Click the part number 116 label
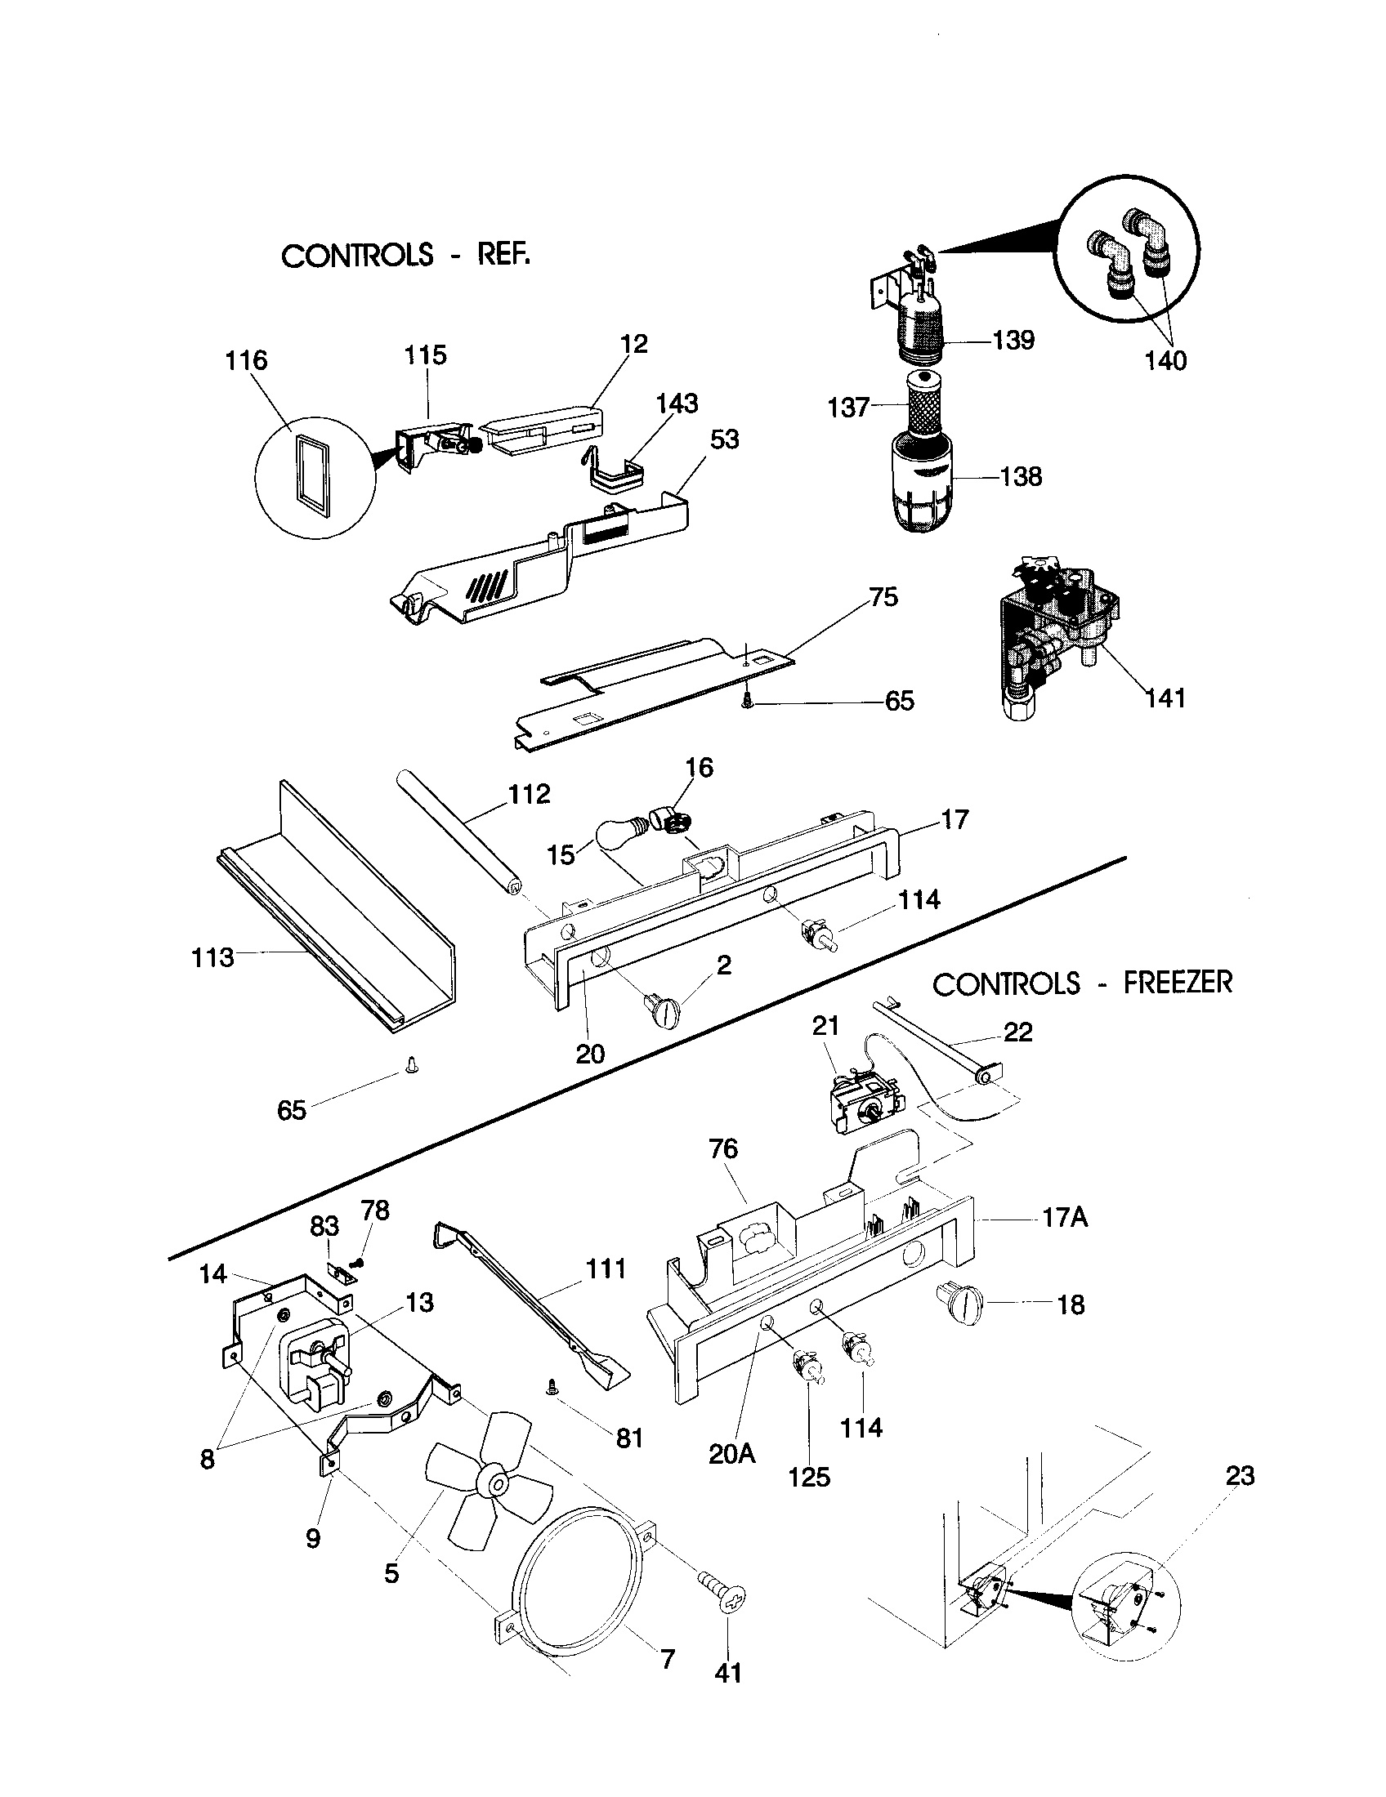tap(247, 359)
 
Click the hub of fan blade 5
tap(498, 1482)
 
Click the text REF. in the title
tap(503, 254)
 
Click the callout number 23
tap(1240, 1475)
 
